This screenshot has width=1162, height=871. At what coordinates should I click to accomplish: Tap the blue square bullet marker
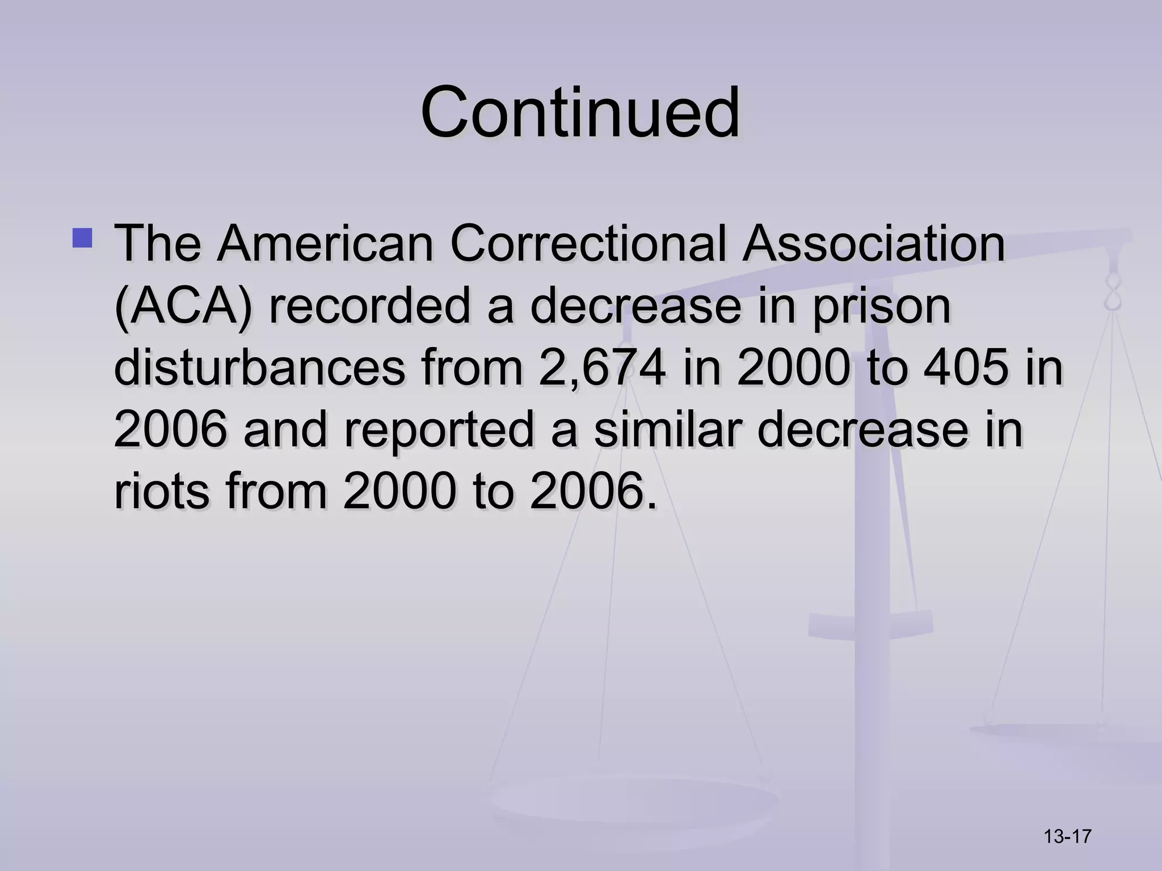tap(82, 238)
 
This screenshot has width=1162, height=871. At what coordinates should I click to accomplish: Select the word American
tap(326, 244)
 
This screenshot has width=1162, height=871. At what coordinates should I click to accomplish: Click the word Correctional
tap(588, 244)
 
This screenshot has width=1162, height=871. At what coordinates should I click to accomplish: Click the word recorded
tap(369, 307)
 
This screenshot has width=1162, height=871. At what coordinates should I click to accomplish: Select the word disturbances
tap(259, 368)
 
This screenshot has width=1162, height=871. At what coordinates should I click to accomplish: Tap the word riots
tap(163, 491)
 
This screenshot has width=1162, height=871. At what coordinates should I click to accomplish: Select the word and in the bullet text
tap(285, 429)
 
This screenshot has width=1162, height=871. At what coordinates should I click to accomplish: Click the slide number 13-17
tap(1068, 836)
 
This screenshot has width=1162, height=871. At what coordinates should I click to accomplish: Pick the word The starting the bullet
tap(158, 244)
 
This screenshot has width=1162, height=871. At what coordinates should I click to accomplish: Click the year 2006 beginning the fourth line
tap(170, 429)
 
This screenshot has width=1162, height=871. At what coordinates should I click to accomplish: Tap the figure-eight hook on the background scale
tap(1113, 295)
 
